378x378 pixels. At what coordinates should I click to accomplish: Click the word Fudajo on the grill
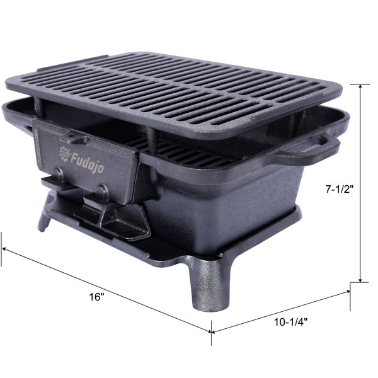[88, 163]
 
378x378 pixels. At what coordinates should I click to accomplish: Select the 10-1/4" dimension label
[291, 322]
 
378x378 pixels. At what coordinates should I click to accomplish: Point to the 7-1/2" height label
[340, 190]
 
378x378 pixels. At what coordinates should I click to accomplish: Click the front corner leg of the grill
[209, 285]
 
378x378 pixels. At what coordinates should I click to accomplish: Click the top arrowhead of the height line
[360, 87]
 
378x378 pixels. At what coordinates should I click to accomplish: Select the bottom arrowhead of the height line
[360, 280]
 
